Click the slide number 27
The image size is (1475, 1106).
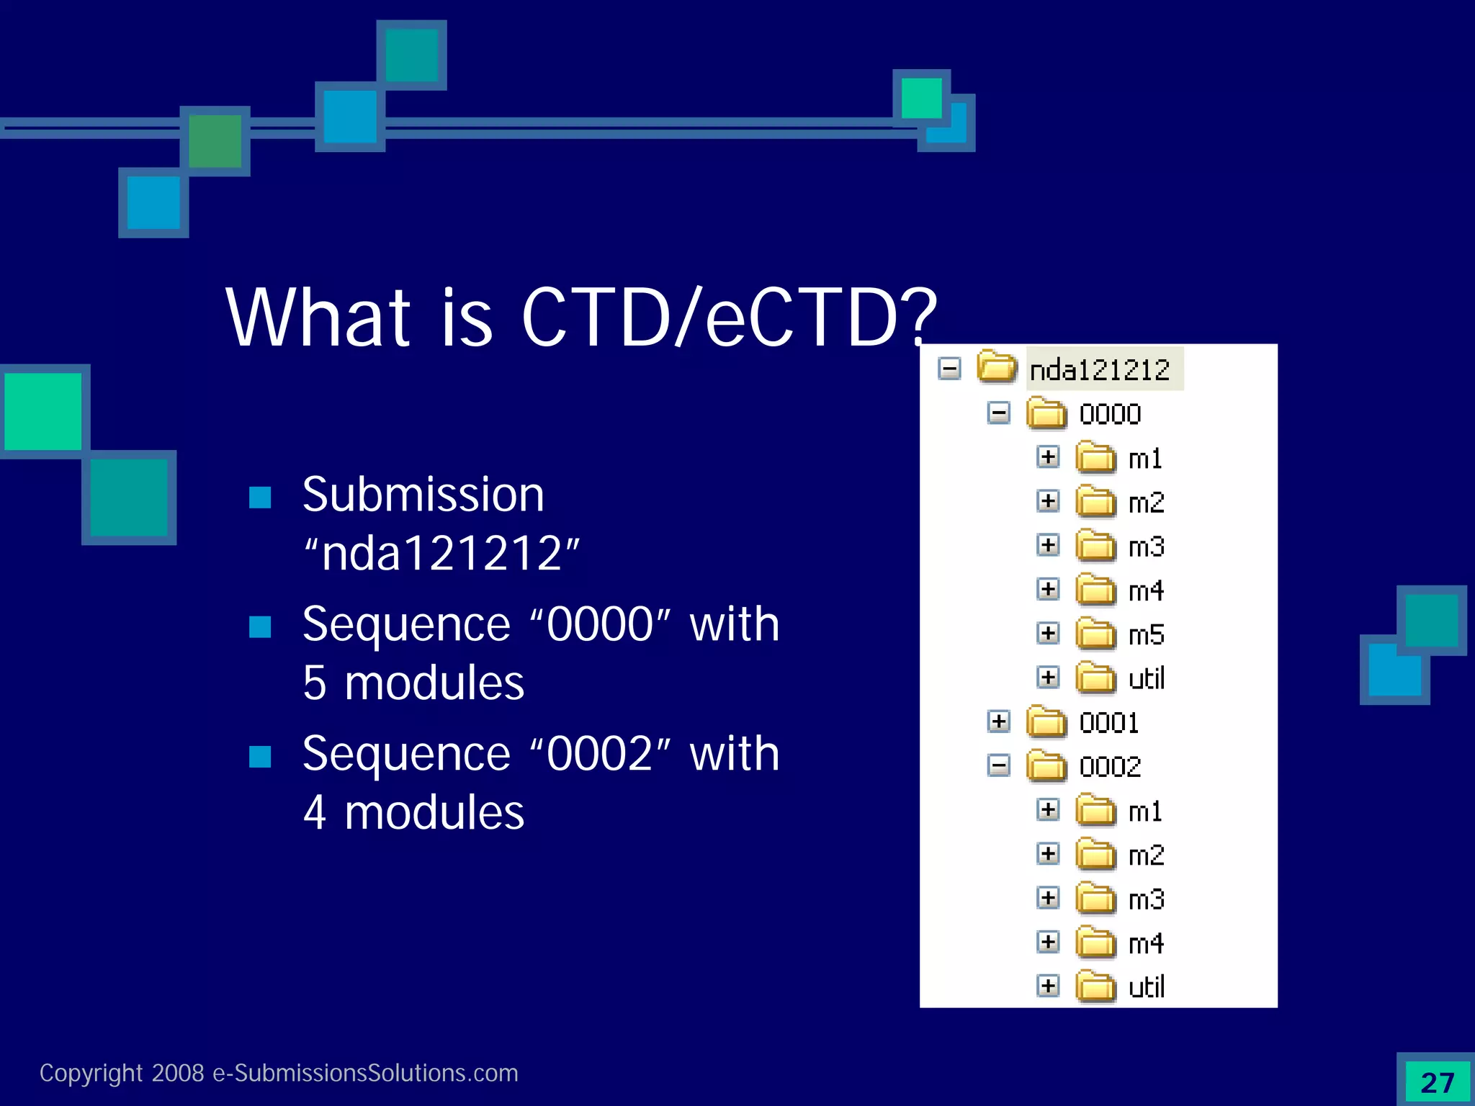coord(1438,1083)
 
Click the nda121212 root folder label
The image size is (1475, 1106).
coord(1100,370)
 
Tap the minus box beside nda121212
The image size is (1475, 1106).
coord(949,369)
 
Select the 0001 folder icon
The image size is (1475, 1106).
coord(1046,722)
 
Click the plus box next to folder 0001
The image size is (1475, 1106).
coord(998,721)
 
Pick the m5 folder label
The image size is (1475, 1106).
coord(1146,635)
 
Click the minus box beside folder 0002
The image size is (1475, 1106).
coord(998,765)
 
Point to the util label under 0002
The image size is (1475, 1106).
coord(1146,987)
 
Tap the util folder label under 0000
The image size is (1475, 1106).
coord(1146,679)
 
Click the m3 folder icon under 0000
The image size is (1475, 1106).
coord(1095,546)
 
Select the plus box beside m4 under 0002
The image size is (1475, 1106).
coord(1048,942)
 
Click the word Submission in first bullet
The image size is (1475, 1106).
coord(423,495)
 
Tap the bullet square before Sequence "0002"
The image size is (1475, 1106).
coord(260,757)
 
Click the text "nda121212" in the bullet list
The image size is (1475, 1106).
coord(441,554)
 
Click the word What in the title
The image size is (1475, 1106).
coord(318,318)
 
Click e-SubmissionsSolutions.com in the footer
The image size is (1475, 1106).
coord(365,1073)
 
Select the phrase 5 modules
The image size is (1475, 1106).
coord(413,683)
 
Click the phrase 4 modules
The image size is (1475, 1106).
coord(413,813)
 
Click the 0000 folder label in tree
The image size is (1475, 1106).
coord(1110,415)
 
